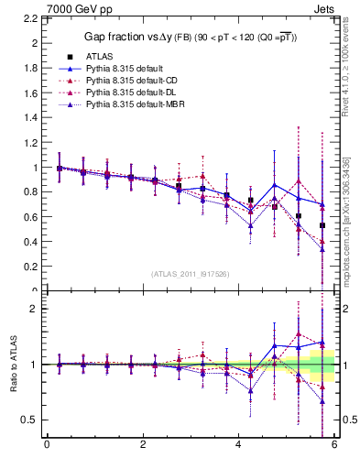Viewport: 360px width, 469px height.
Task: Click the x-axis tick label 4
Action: tap(238, 446)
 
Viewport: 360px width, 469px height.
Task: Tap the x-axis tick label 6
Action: tap(334, 446)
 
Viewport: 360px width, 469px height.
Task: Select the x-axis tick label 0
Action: tap(47, 446)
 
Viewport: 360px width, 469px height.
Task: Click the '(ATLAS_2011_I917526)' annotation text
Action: tap(191, 274)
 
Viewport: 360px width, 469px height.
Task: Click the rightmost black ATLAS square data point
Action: tap(322, 225)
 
